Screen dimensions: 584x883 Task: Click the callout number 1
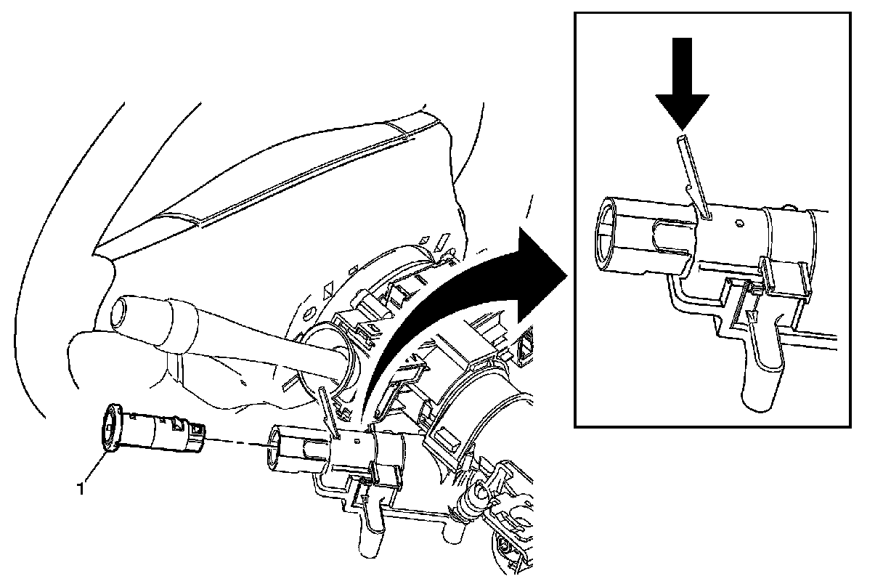pyautogui.click(x=81, y=489)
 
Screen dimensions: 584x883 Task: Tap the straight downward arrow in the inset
pyautogui.click(x=683, y=82)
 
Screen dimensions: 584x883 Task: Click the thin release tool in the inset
pyautogui.click(x=691, y=174)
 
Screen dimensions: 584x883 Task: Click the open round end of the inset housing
pyautogui.click(x=614, y=233)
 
